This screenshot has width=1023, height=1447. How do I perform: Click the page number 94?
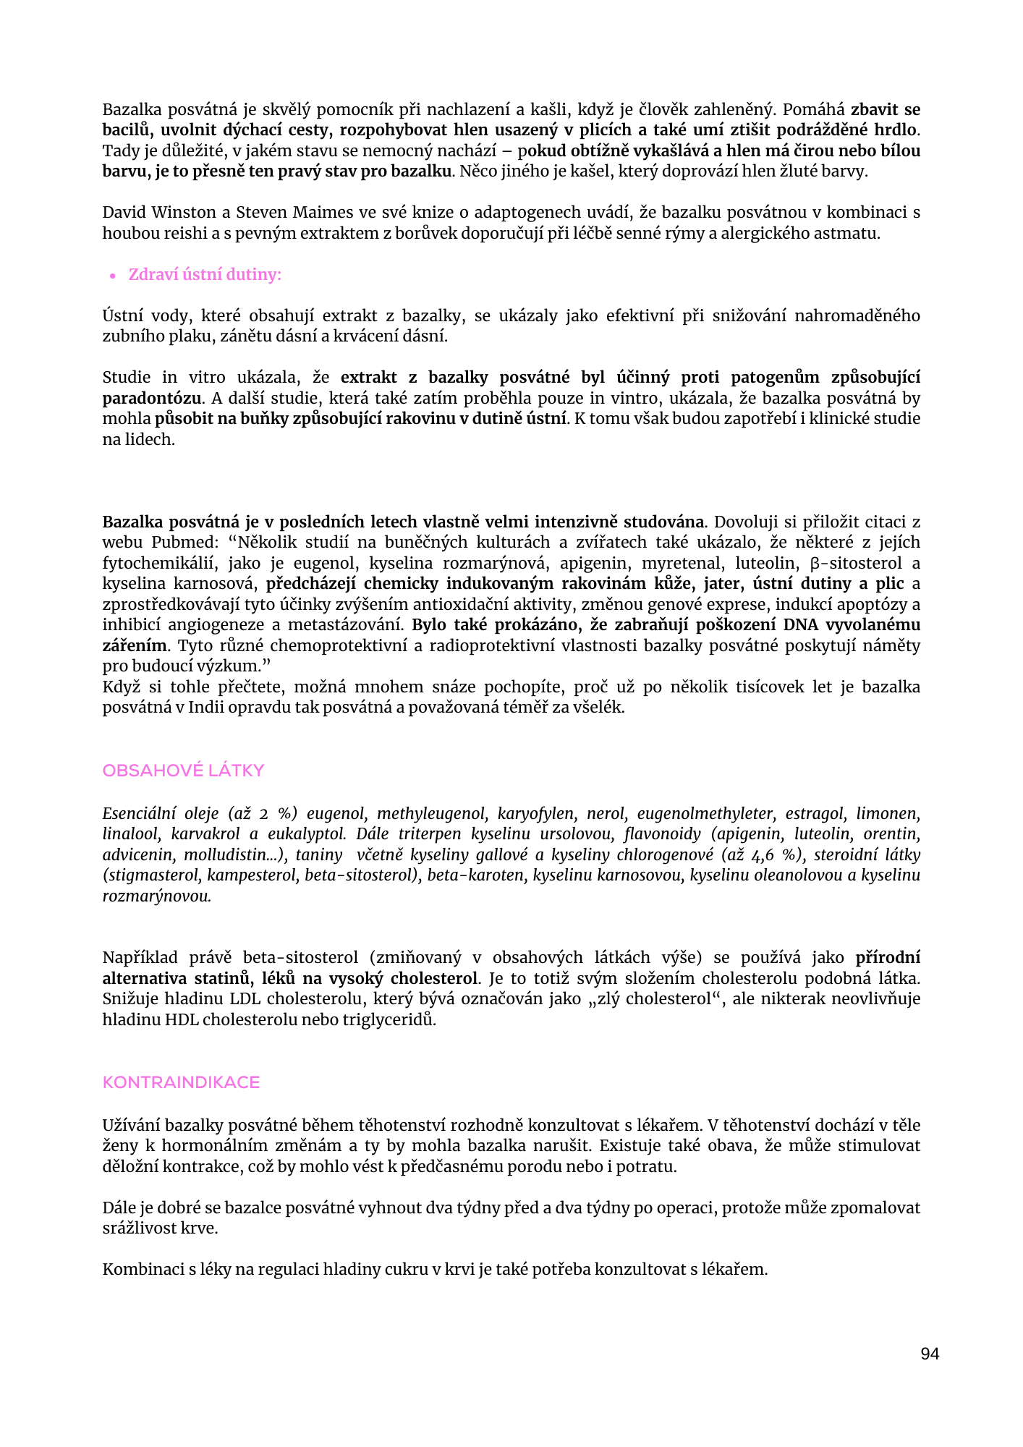click(x=930, y=1354)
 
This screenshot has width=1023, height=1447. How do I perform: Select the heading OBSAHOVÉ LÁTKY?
click(x=183, y=771)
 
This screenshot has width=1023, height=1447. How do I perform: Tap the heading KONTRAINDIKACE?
click(x=181, y=1082)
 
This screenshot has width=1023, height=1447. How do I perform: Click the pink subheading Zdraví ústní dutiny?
click(x=205, y=275)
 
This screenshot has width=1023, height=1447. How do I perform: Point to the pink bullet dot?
click(x=113, y=276)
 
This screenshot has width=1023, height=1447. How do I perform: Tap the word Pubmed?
click(x=184, y=543)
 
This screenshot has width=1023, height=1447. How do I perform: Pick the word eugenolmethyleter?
click(x=705, y=814)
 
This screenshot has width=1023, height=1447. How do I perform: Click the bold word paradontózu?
click(x=151, y=399)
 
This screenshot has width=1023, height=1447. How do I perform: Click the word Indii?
click(x=206, y=708)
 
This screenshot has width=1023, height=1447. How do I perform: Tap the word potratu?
click(x=647, y=1167)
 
